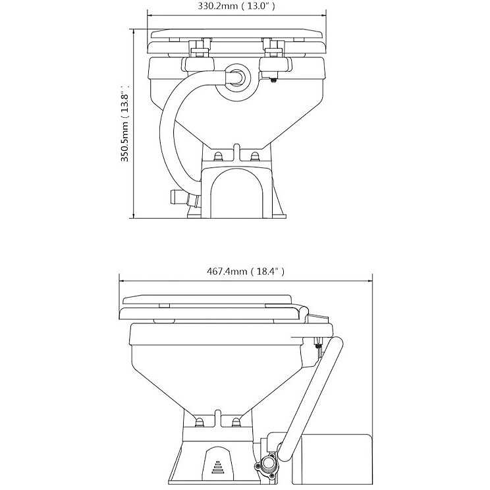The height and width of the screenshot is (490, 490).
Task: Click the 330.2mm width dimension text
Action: point(237,6)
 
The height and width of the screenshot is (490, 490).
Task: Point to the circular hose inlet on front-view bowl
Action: point(237,77)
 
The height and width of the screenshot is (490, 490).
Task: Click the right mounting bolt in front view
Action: point(255,155)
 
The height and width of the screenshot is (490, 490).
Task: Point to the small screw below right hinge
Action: point(273,80)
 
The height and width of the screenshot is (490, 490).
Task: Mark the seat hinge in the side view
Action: point(315,319)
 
